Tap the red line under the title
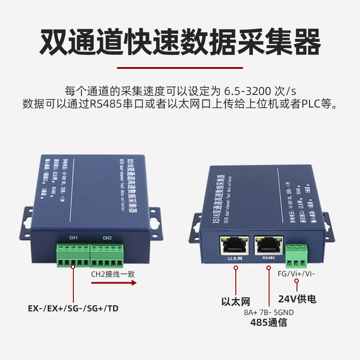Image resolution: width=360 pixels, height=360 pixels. coord(180,68)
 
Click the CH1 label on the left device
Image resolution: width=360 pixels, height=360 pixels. coord(74,238)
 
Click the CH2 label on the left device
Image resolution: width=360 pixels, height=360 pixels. coord(107,238)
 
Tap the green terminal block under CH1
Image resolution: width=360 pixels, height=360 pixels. coord(73,255)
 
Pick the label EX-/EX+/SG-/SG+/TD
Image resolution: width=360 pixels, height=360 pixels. coord(73,309)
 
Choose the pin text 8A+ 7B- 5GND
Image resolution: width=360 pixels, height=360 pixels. coord(269,312)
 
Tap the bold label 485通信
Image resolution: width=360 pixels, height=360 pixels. coord(269,323)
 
